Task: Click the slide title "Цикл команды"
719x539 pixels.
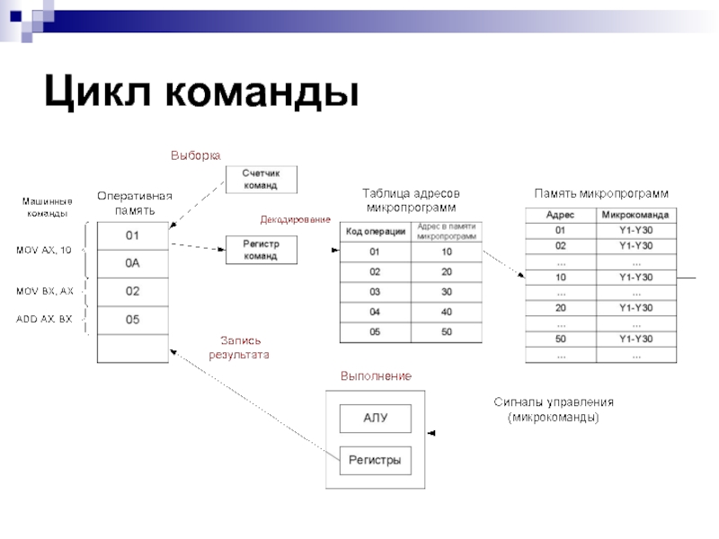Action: tap(201, 93)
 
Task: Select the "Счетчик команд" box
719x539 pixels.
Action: tap(261, 179)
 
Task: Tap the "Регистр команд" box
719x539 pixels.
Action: tap(261, 250)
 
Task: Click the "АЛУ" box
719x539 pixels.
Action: tap(375, 418)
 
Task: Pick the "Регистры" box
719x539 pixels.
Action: tap(375, 461)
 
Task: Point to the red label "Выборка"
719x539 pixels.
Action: tap(195, 155)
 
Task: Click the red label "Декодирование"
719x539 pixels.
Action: tap(295, 219)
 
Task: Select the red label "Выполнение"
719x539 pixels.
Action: tap(376, 376)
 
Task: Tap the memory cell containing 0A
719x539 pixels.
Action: tap(133, 263)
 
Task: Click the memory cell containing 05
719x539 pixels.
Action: tap(133, 320)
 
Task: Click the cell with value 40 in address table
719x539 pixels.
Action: tap(447, 312)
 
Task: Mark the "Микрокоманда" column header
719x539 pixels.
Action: tap(635, 215)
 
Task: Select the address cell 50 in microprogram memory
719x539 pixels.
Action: tap(561, 339)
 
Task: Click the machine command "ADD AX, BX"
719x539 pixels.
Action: tap(44, 319)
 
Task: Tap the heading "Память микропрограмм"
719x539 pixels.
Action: tap(601, 193)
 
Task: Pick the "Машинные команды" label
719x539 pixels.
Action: tap(48, 208)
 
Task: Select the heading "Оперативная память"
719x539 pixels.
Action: tap(134, 202)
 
